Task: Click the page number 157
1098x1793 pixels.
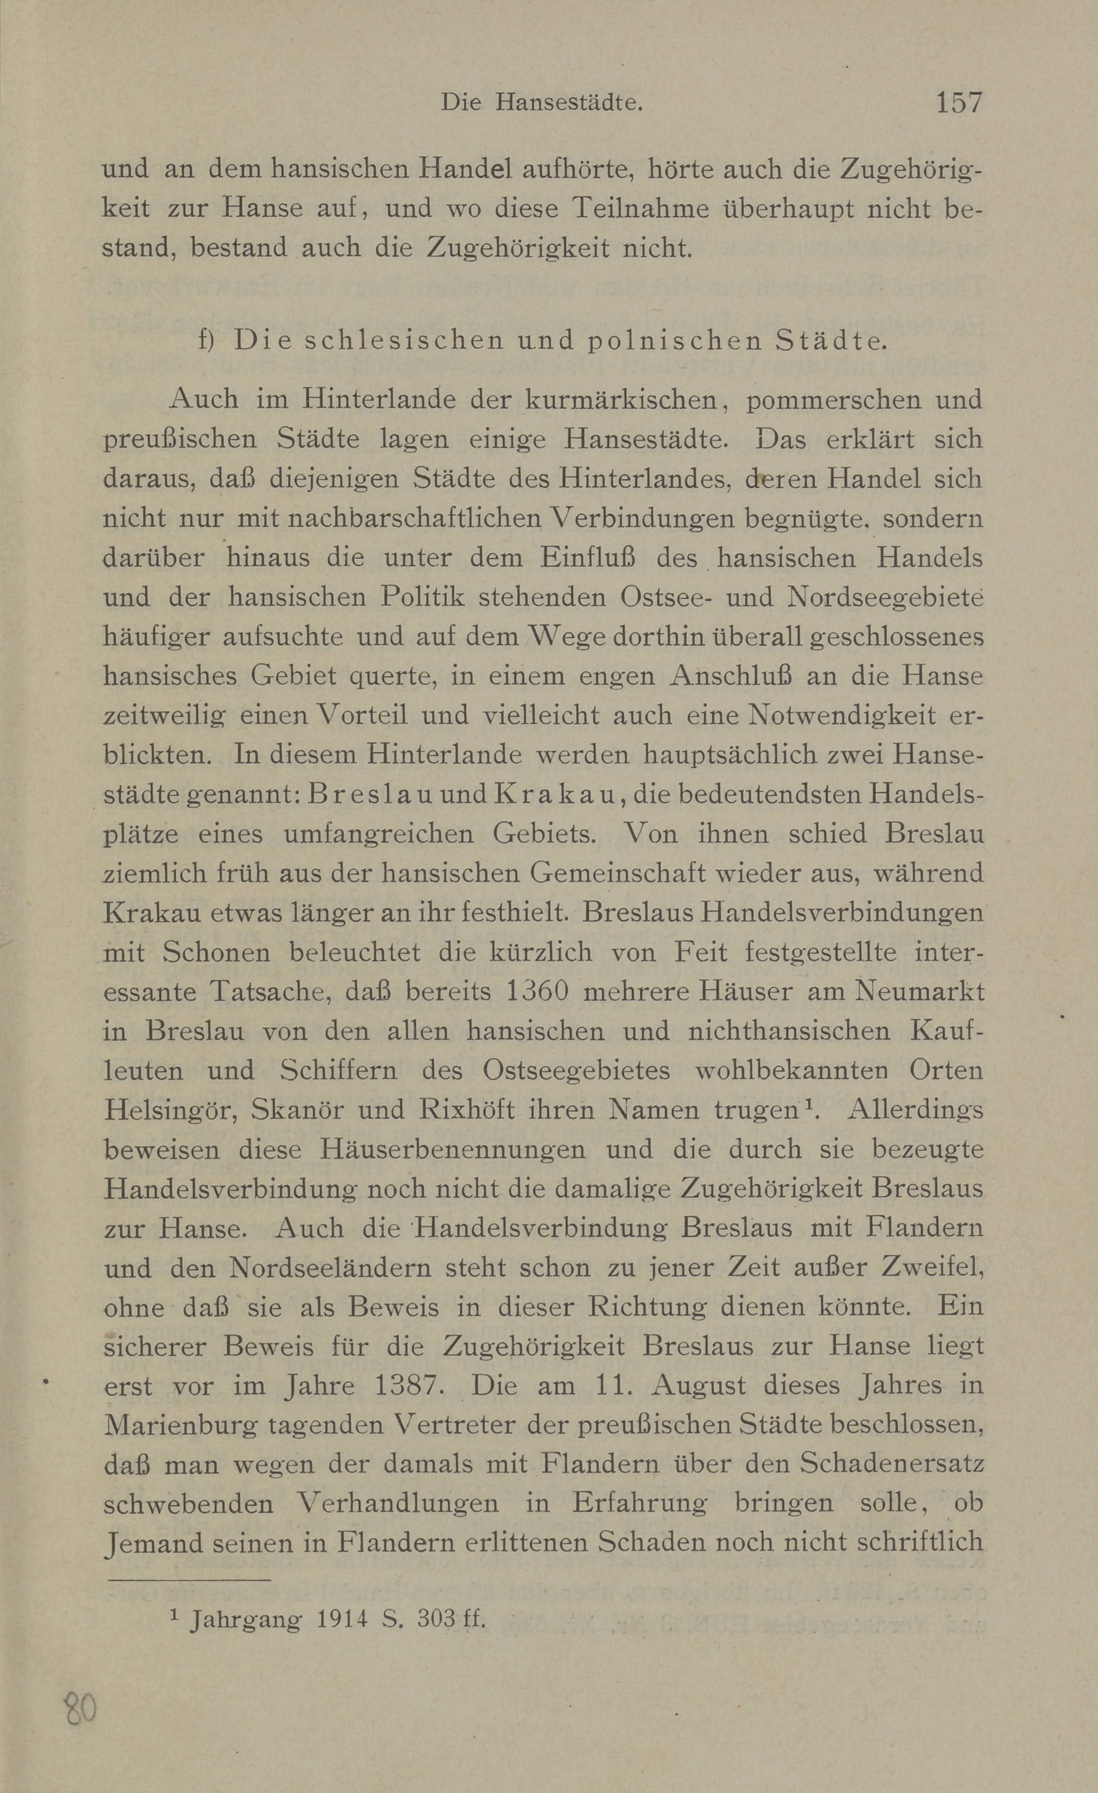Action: click(958, 103)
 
